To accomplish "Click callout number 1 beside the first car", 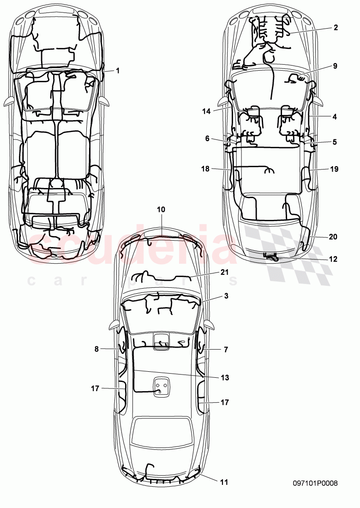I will pyautogui.click(x=118, y=71).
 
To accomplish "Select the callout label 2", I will pyautogui.click(x=336, y=28).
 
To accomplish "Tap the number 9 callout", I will pyautogui.click(x=336, y=66).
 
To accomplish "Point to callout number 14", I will pyautogui.click(x=206, y=111).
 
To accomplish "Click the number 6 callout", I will pyautogui.click(x=207, y=138).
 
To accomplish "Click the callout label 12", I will pyautogui.click(x=333, y=259).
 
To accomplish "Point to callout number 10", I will pyautogui.click(x=161, y=209).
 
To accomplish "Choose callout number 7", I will pyautogui.click(x=226, y=350).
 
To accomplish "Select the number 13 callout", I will pyautogui.click(x=225, y=377).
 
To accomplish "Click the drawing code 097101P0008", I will pyautogui.click(x=315, y=484).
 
